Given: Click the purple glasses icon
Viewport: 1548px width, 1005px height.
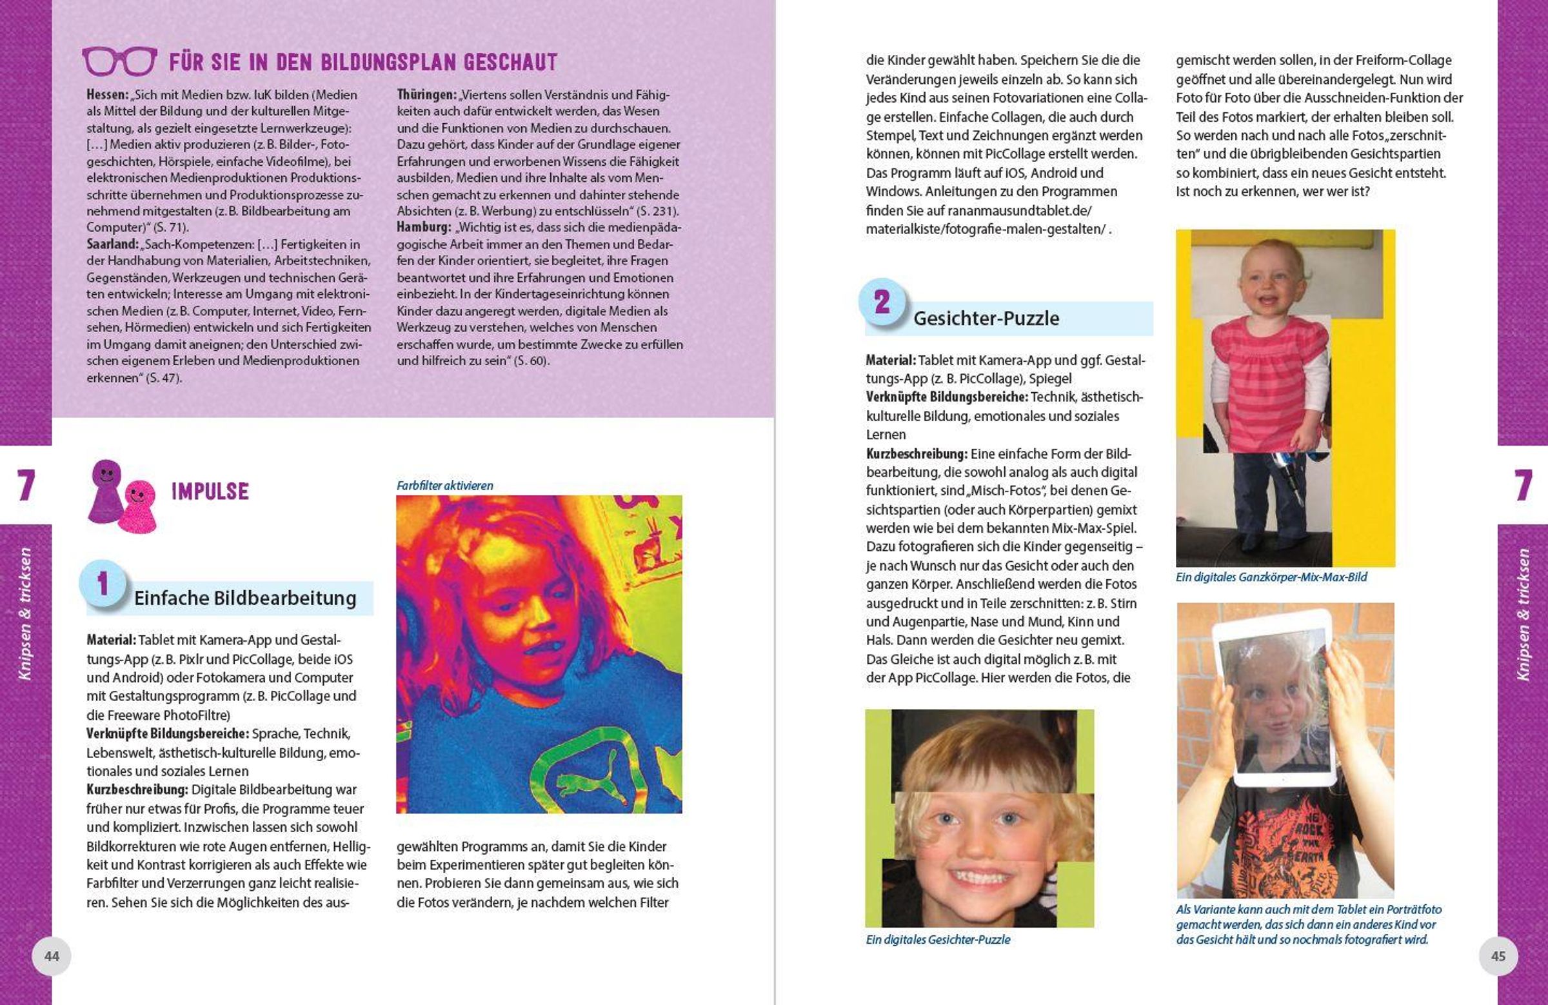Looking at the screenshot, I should point(119,61).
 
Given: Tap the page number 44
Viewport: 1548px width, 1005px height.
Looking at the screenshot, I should point(51,955).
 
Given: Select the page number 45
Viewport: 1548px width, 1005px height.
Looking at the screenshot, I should point(1498,955).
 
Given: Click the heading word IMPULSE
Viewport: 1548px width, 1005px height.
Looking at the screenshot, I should point(210,492).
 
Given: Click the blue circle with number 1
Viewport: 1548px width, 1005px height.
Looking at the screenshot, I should point(102,583).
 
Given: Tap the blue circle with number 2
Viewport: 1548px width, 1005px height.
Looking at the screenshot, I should point(882,302).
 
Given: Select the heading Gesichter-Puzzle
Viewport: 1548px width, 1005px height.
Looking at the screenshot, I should point(986,319).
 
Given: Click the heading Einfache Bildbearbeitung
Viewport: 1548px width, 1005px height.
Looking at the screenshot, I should point(244,599).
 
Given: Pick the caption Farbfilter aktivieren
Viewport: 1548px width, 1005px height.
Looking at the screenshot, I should point(445,485).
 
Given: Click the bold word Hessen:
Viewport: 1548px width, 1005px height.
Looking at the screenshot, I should point(107,95).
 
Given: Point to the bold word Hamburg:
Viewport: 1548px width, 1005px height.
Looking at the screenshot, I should point(423,228).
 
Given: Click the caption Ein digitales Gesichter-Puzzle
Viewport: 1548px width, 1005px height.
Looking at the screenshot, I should point(938,939).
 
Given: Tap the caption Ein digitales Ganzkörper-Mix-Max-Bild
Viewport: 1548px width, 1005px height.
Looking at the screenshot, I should point(1271,577).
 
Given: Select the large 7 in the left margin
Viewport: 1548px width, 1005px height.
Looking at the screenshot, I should point(25,485).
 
